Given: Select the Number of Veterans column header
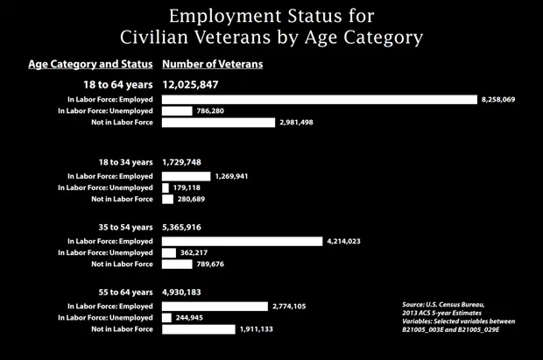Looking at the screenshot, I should (x=212, y=64).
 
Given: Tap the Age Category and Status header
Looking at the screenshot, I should (x=90, y=64).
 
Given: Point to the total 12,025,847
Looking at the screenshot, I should (x=190, y=85).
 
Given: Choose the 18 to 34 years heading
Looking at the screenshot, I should (x=126, y=162).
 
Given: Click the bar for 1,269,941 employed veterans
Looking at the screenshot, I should (x=187, y=177).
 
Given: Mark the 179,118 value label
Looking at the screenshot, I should (x=187, y=187).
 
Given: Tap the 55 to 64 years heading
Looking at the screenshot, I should (x=126, y=292).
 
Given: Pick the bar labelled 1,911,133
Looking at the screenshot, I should (x=199, y=329).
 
